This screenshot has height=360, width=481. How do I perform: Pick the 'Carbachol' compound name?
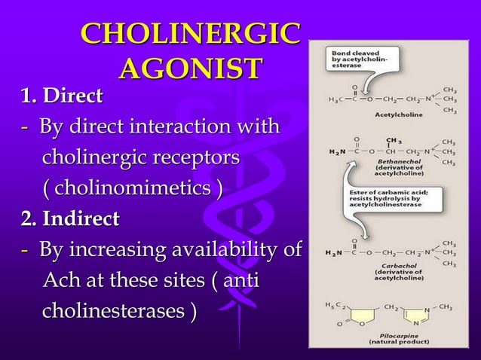point(397,266)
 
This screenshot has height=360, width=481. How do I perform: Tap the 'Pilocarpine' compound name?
point(394,334)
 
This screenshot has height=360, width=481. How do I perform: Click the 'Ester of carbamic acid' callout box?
point(398,198)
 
